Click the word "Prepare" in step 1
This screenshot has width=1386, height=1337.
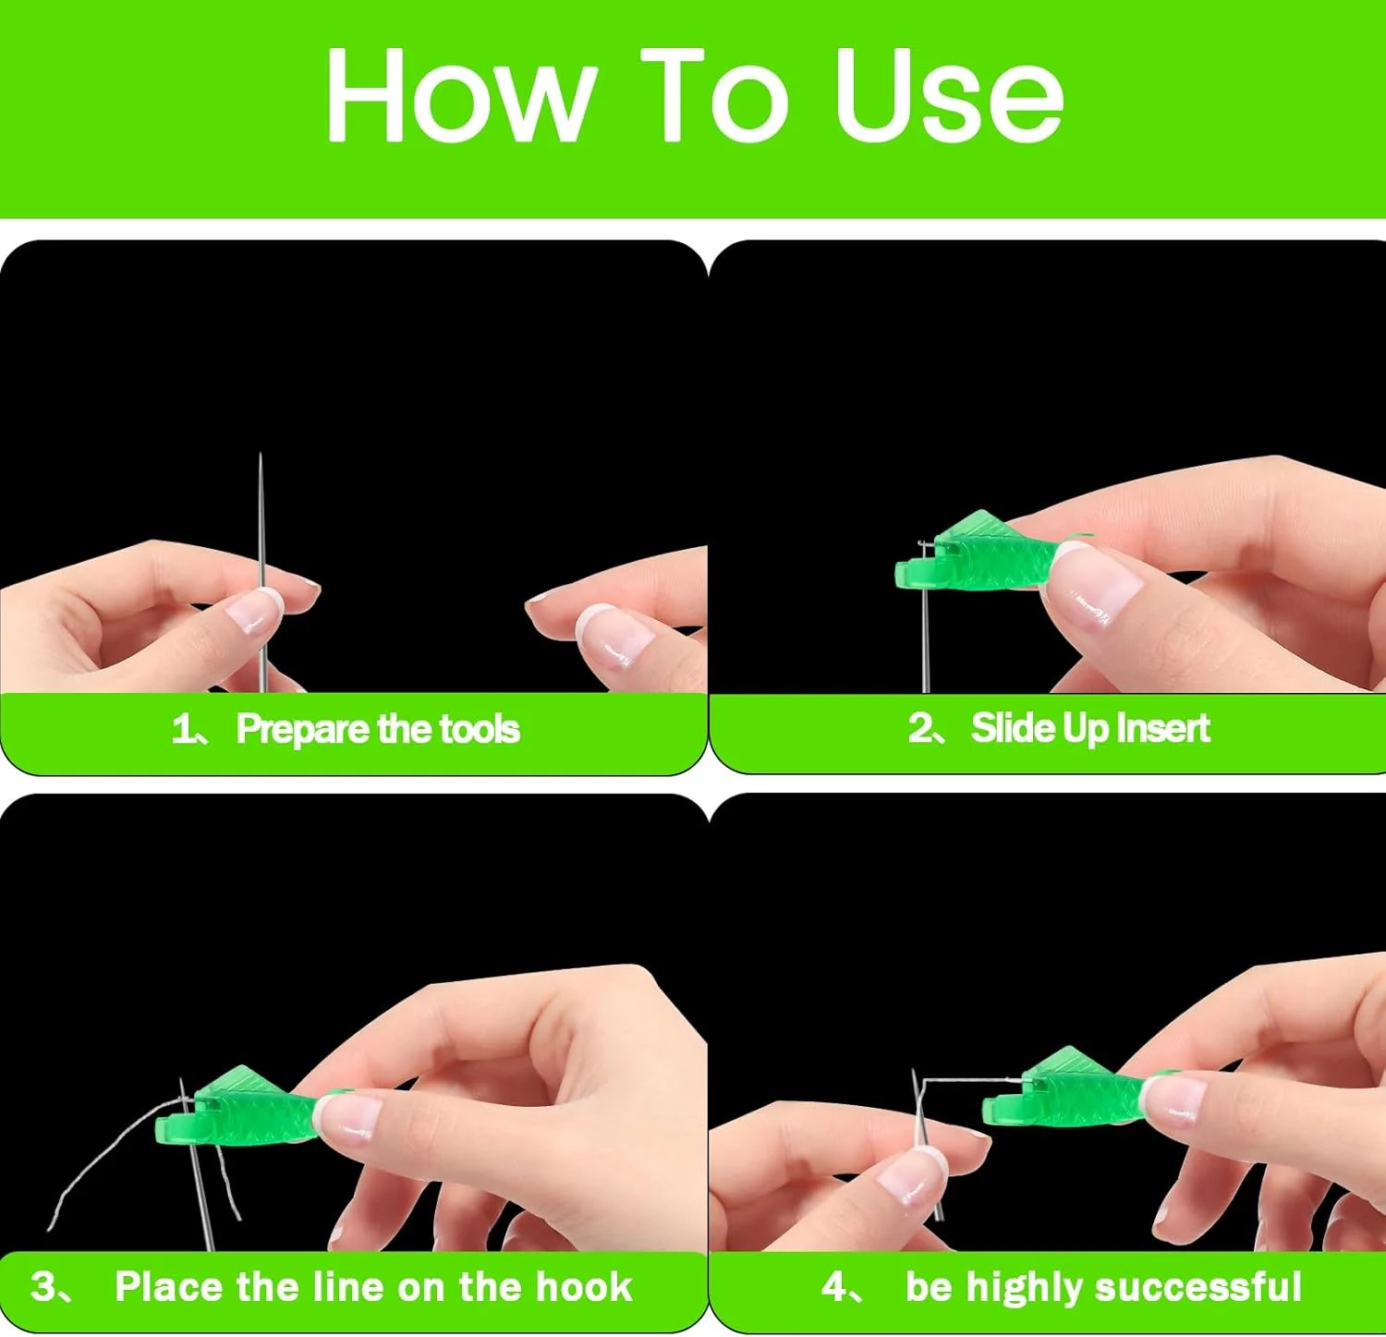[303, 729]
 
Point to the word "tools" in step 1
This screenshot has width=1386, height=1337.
[479, 729]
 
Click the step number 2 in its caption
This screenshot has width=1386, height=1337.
[920, 728]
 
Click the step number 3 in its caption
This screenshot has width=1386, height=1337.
[43, 1286]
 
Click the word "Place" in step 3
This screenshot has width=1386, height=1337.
[169, 1286]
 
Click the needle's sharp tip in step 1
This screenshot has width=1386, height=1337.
[261, 455]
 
